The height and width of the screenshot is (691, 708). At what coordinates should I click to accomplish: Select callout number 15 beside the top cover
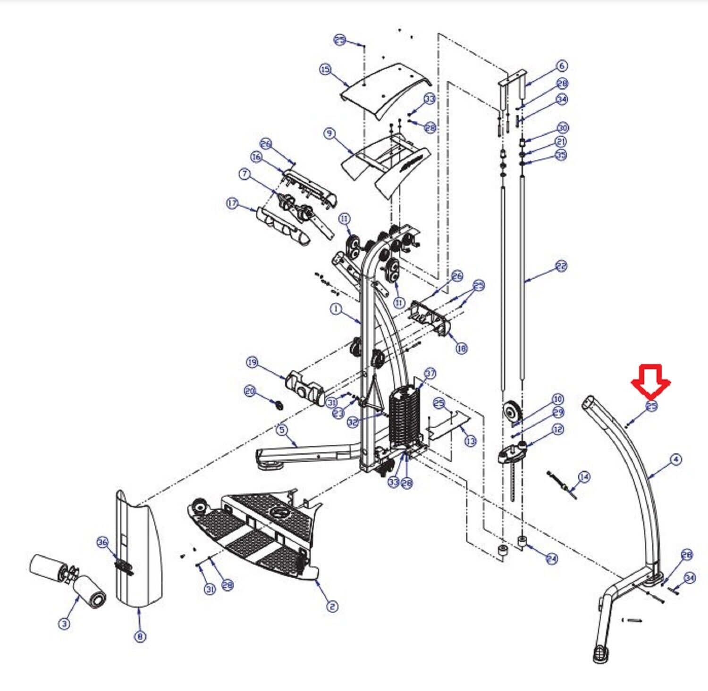[326, 70]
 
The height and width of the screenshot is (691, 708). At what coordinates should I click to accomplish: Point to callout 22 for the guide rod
[561, 266]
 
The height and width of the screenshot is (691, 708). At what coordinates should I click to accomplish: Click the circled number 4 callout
[676, 459]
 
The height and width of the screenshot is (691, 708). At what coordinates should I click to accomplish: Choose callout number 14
[584, 477]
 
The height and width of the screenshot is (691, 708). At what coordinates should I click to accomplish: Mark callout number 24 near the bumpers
[551, 559]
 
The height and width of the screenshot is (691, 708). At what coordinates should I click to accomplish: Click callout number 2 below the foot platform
[332, 606]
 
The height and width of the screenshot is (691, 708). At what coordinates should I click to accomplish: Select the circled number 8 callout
[140, 636]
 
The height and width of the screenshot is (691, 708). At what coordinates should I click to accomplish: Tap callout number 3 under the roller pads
[64, 624]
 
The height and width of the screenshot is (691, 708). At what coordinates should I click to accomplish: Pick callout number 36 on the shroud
[103, 542]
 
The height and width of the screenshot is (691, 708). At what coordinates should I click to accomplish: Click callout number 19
[252, 362]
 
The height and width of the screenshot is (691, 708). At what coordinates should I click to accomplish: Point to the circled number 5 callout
[282, 430]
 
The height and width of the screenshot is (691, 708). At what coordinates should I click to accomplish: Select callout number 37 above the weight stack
[430, 374]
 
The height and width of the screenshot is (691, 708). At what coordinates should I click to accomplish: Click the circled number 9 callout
[329, 133]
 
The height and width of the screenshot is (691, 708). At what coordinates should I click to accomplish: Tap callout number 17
[232, 204]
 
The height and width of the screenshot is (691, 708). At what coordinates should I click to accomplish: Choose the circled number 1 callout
[336, 309]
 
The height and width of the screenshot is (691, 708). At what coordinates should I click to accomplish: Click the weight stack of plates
[404, 415]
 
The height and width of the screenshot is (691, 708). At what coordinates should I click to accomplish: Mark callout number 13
[471, 441]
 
